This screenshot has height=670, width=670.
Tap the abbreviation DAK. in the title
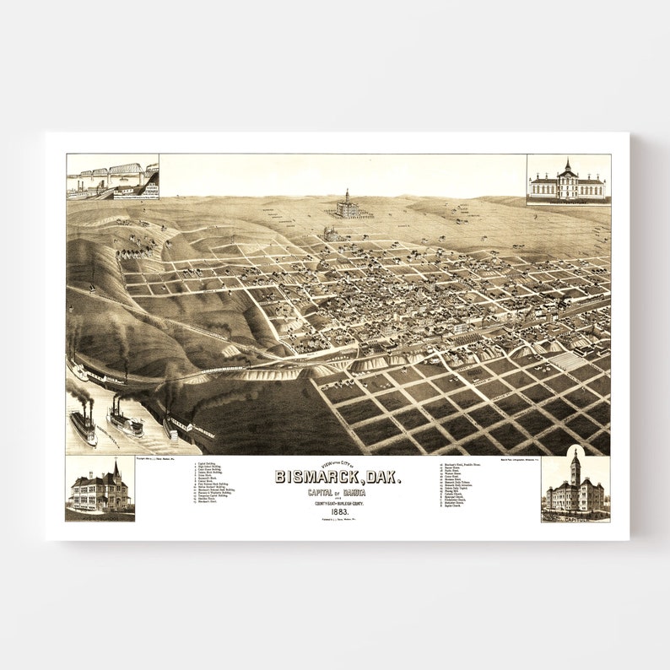pyautogui.click(x=381, y=477)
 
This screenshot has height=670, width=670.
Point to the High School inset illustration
pyautogui.click(x=100, y=488)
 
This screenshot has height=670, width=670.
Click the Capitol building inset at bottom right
pyautogui.click(x=575, y=488)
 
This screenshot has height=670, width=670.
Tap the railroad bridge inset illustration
pyautogui.click(x=112, y=176)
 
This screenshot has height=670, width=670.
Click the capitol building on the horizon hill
pyautogui.click(x=347, y=205)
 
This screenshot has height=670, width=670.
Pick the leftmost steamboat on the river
pyautogui.click(x=84, y=426)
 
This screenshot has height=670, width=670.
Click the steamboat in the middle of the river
pyautogui.click(x=125, y=420)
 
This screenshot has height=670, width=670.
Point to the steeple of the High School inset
pyautogui.click(x=116, y=468)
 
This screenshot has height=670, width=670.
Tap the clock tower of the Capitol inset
pyautogui.click(x=575, y=466)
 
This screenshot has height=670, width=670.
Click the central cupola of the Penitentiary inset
pyautogui.click(x=567, y=166)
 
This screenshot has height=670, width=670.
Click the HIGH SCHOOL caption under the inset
pyautogui.click(x=100, y=516)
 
